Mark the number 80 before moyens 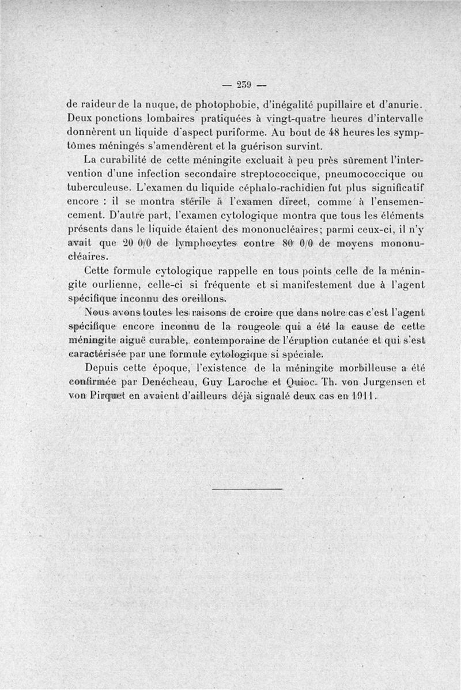290,244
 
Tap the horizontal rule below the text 247,490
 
